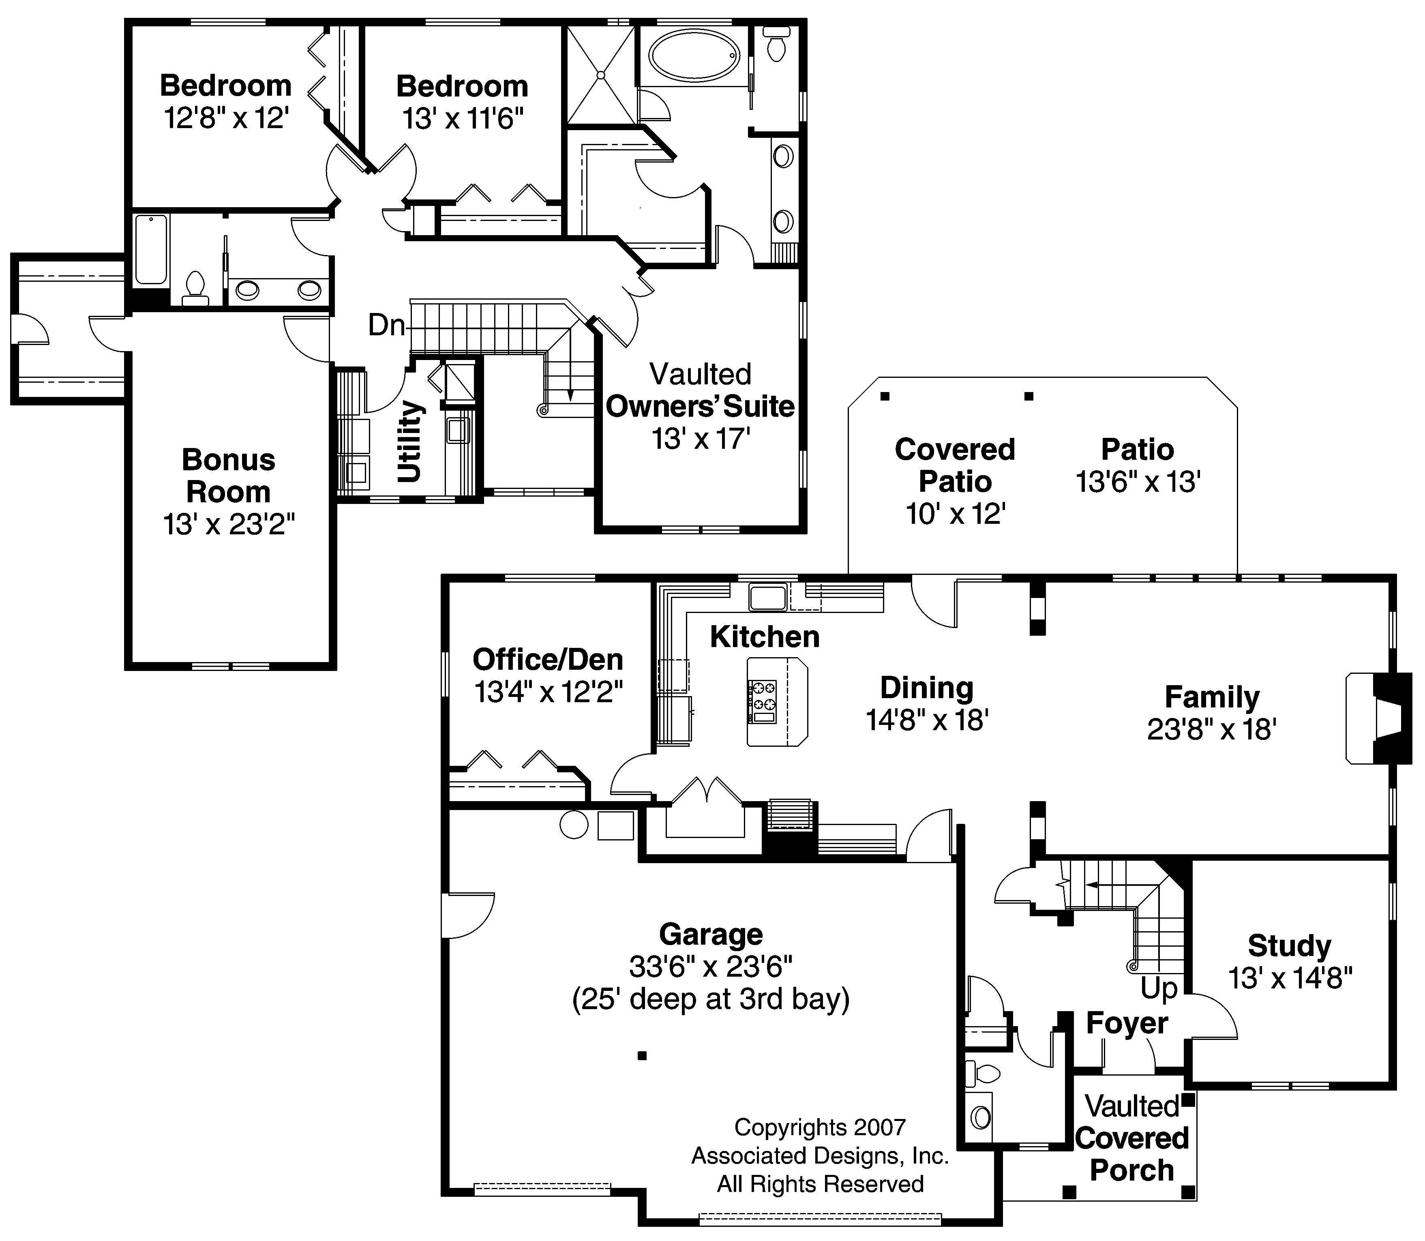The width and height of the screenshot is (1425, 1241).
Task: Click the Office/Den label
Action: coord(548,659)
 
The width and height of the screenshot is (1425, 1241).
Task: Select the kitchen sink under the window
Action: coord(767,596)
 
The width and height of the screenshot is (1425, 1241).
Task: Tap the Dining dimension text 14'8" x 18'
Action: coord(926,720)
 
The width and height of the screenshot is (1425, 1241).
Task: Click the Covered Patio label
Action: coord(955,465)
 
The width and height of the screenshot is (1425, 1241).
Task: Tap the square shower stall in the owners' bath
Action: coord(600,74)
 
